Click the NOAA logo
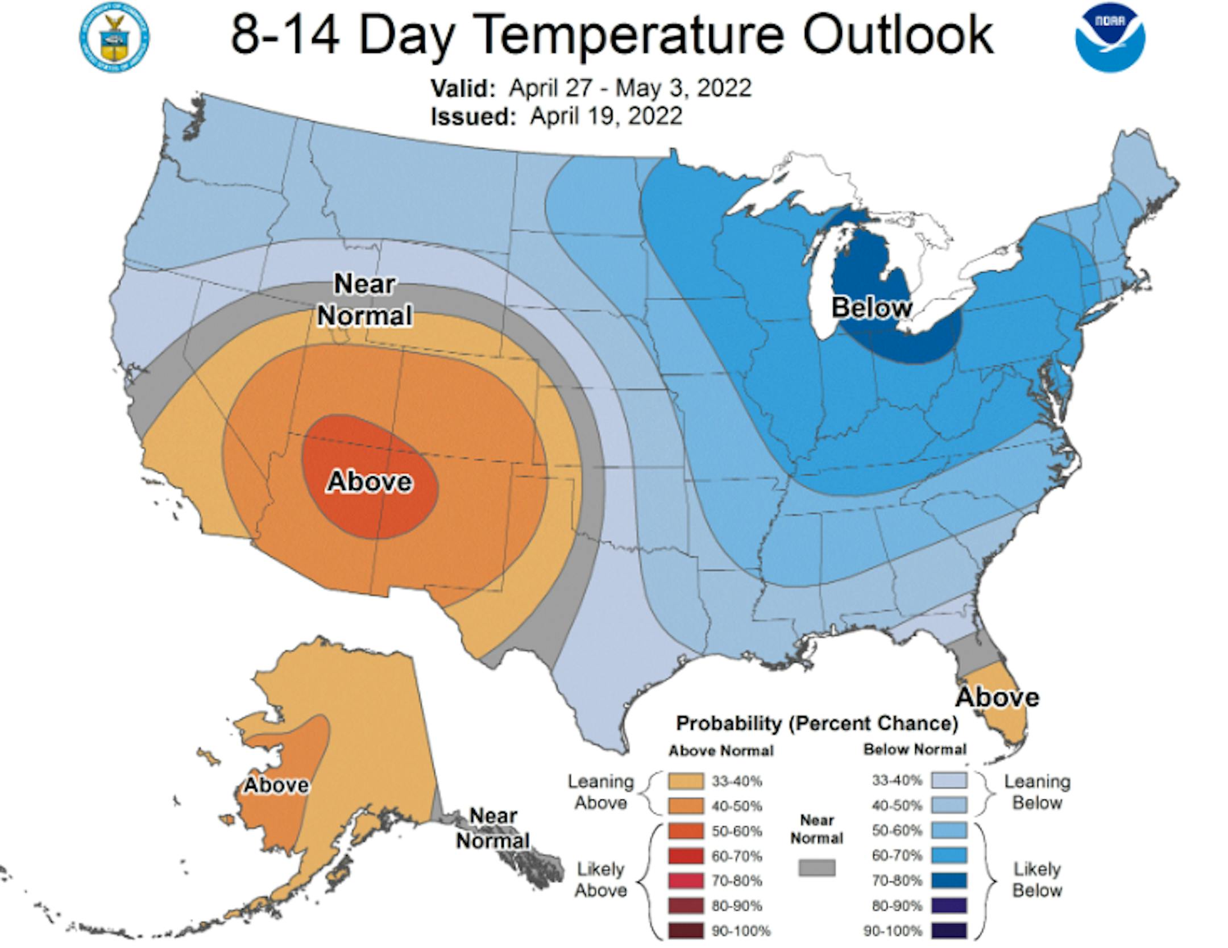pos(1110,37)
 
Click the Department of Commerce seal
pos(114,38)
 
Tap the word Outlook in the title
pos(898,35)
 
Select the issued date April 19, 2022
pos(605,116)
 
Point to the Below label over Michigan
pos(872,307)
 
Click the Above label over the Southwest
pos(370,482)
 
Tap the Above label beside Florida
pos(997,697)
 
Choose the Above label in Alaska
pos(276,785)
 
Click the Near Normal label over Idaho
pos(364,300)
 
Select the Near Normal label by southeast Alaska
pos(493,828)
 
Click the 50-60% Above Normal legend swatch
pos(686,831)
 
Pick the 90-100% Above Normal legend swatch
pos(686,931)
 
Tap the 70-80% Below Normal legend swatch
pos(949,881)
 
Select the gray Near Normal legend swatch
pos(817,868)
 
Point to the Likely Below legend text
pos(1037,879)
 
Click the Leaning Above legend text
pos(600,792)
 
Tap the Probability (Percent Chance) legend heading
pos(817,724)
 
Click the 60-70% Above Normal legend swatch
pos(686,856)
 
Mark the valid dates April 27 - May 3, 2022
pos(630,88)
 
